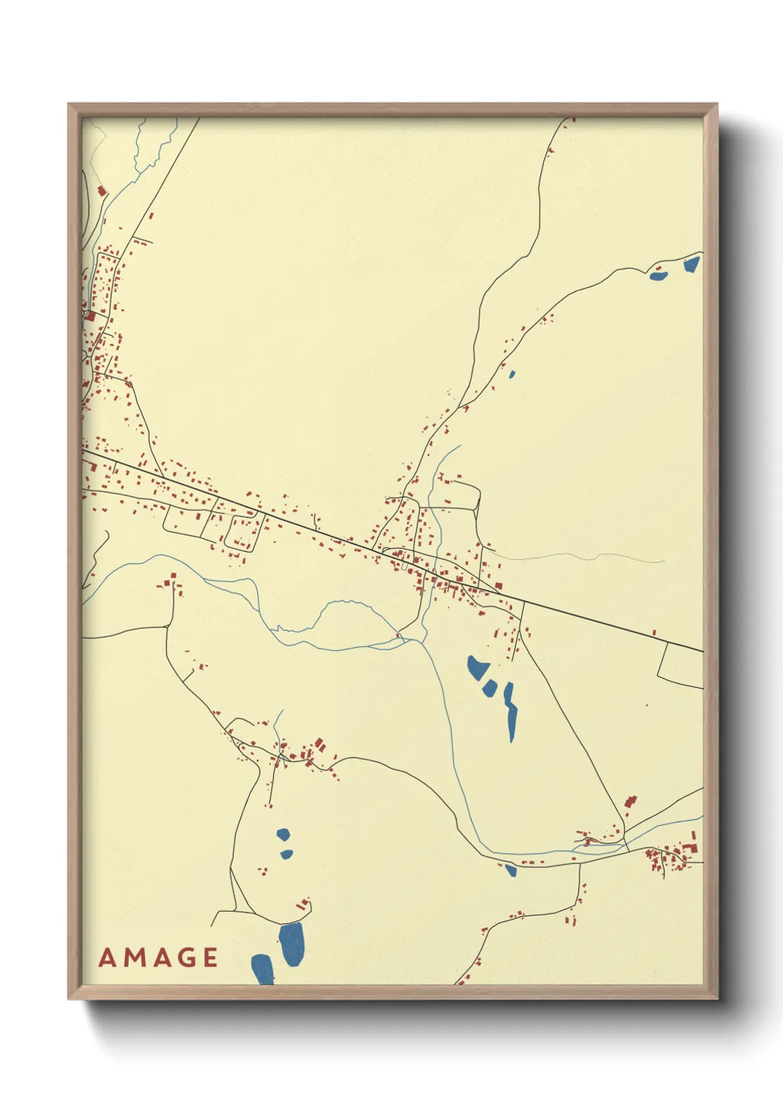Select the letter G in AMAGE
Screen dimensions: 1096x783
point(185,958)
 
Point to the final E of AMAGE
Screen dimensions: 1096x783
point(209,958)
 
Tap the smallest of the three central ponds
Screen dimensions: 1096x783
point(489,688)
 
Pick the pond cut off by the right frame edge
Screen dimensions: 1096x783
point(692,264)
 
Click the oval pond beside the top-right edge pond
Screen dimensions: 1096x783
point(658,277)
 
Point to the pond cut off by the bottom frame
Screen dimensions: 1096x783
point(263,969)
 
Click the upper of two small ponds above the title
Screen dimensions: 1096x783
point(283,835)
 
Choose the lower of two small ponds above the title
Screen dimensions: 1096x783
point(286,854)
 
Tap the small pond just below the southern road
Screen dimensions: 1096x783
point(511,870)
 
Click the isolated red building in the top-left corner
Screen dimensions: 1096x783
point(102,191)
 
